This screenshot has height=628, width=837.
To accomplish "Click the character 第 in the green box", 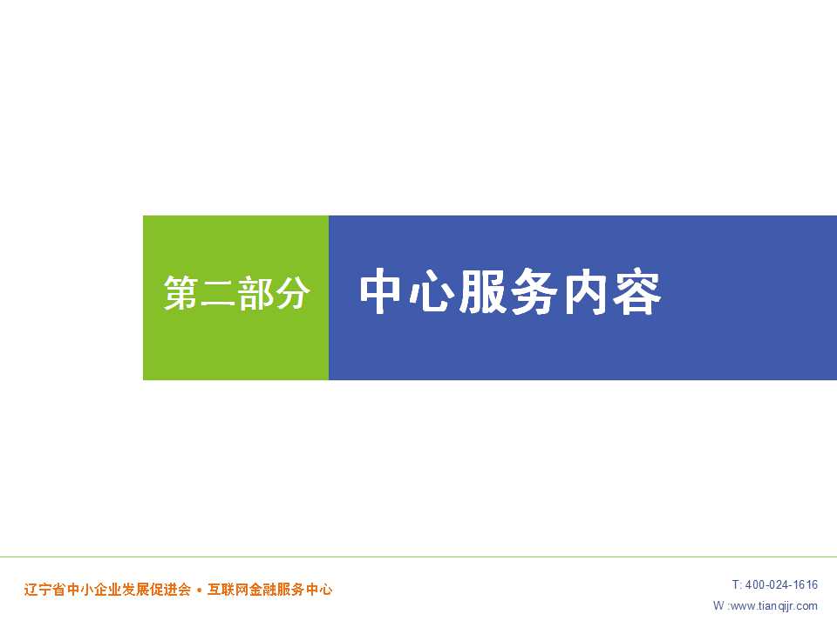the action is [x=181, y=293].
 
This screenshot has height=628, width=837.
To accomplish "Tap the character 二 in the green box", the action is [x=218, y=293].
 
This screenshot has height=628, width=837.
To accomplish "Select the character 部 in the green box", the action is [x=255, y=293].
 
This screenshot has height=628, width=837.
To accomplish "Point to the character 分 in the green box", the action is [x=291, y=293].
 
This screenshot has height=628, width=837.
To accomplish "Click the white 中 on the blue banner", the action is [x=381, y=291].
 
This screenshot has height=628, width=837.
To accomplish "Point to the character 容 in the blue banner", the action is [x=636, y=291].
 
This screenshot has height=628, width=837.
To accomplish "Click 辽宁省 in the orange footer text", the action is [x=44, y=590].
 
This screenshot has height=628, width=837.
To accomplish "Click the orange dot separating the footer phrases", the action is [x=199, y=590].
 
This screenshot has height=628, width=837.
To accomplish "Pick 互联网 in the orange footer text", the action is [x=228, y=590].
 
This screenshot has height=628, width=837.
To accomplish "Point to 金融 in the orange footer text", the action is [x=262, y=590].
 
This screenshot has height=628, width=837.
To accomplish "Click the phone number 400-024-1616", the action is [x=781, y=584].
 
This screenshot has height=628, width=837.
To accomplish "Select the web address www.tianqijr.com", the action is [x=773, y=606].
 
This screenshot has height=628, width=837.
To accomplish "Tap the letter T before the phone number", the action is [x=736, y=584].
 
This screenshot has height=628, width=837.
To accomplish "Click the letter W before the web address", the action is [x=718, y=605].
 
